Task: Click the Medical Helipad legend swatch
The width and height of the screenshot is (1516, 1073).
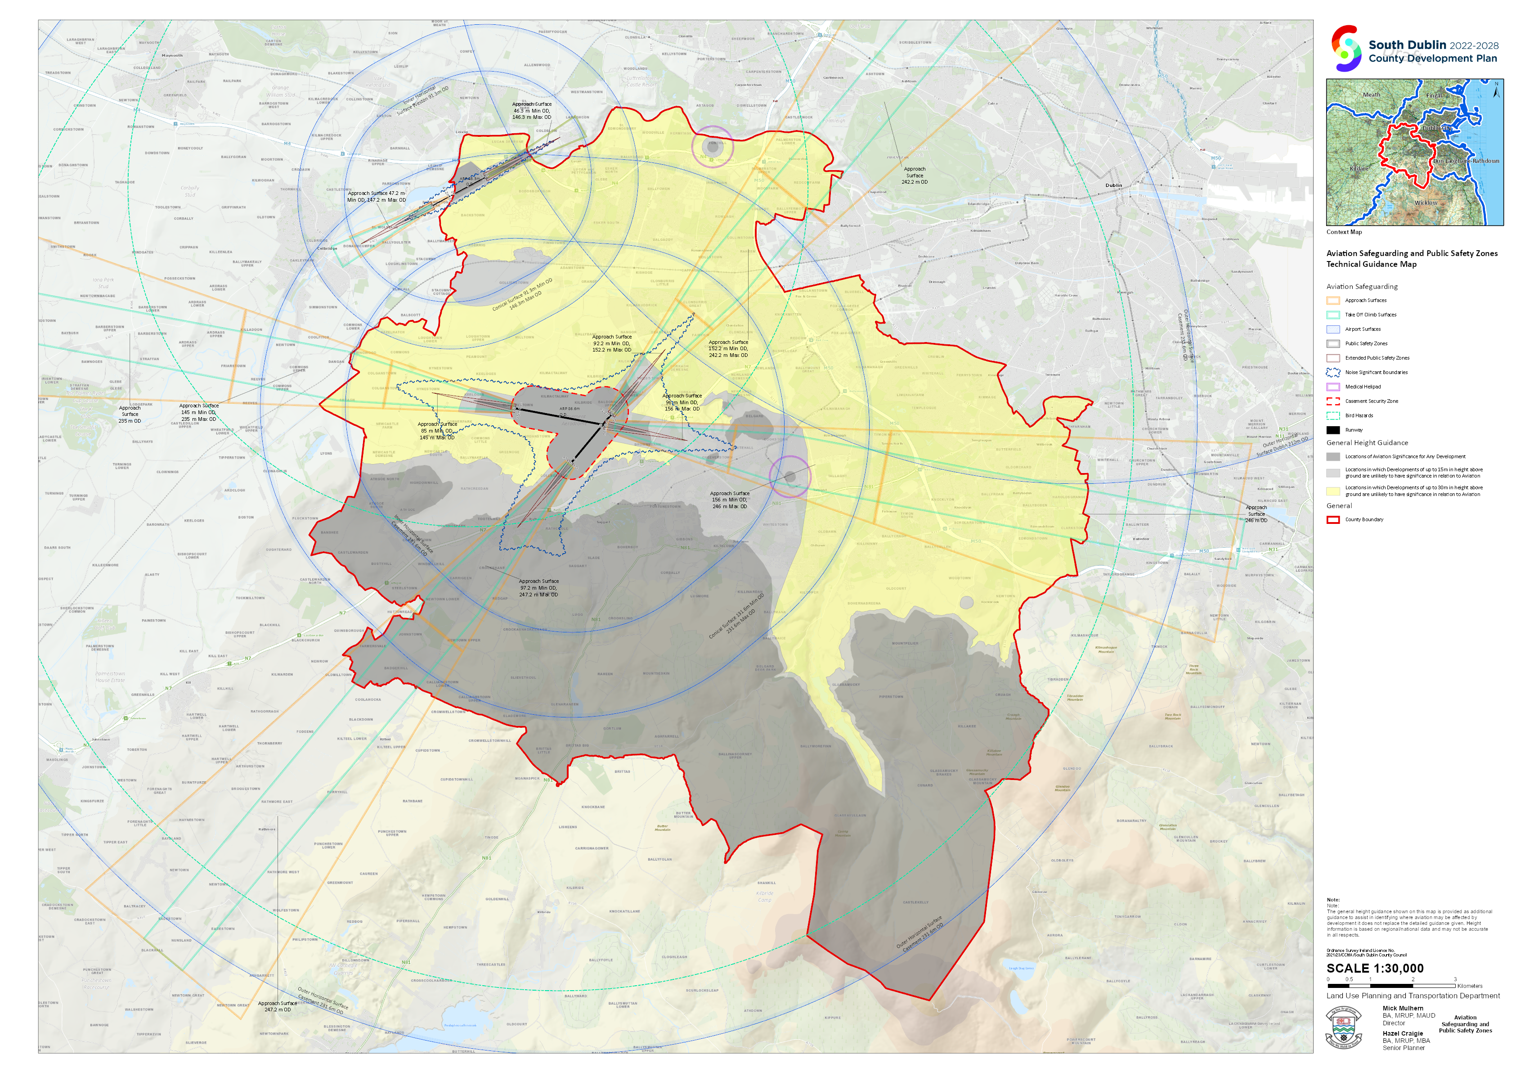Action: tap(1333, 387)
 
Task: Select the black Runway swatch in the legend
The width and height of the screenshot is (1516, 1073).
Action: tap(1333, 430)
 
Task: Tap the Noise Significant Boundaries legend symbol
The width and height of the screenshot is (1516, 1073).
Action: tap(1333, 372)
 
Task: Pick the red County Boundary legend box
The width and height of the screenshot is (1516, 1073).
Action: tap(1333, 519)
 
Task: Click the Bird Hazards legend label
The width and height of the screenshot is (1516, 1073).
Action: tap(1359, 415)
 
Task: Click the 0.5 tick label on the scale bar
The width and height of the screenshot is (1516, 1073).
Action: tap(1349, 979)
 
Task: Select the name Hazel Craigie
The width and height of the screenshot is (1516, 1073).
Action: tap(1403, 1033)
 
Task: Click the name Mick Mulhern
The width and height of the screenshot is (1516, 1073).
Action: tap(1403, 1008)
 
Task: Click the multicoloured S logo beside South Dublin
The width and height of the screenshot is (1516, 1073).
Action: tap(1346, 48)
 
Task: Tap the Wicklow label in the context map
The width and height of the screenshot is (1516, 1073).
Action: tap(1426, 203)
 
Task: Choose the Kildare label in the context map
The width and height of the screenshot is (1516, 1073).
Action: tap(1359, 168)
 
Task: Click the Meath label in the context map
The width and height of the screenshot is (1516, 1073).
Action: tap(1372, 95)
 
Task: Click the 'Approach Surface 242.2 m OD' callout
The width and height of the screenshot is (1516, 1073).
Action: tap(915, 175)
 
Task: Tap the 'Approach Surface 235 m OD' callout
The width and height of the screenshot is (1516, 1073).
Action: tap(130, 414)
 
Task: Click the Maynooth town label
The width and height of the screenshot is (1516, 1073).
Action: tap(172, 55)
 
